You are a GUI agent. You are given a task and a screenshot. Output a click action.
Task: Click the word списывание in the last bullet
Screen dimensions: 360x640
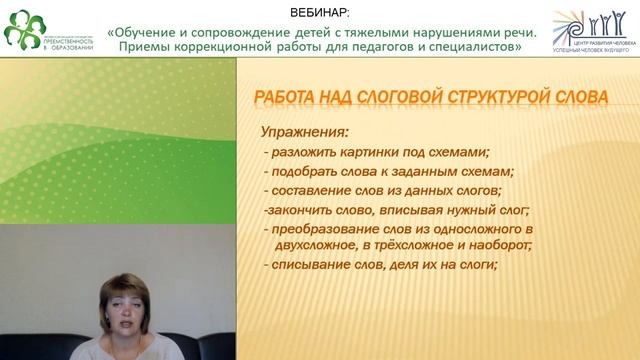click(x=313, y=265)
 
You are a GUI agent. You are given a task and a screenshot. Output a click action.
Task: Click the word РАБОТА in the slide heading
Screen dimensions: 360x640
click(x=282, y=98)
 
